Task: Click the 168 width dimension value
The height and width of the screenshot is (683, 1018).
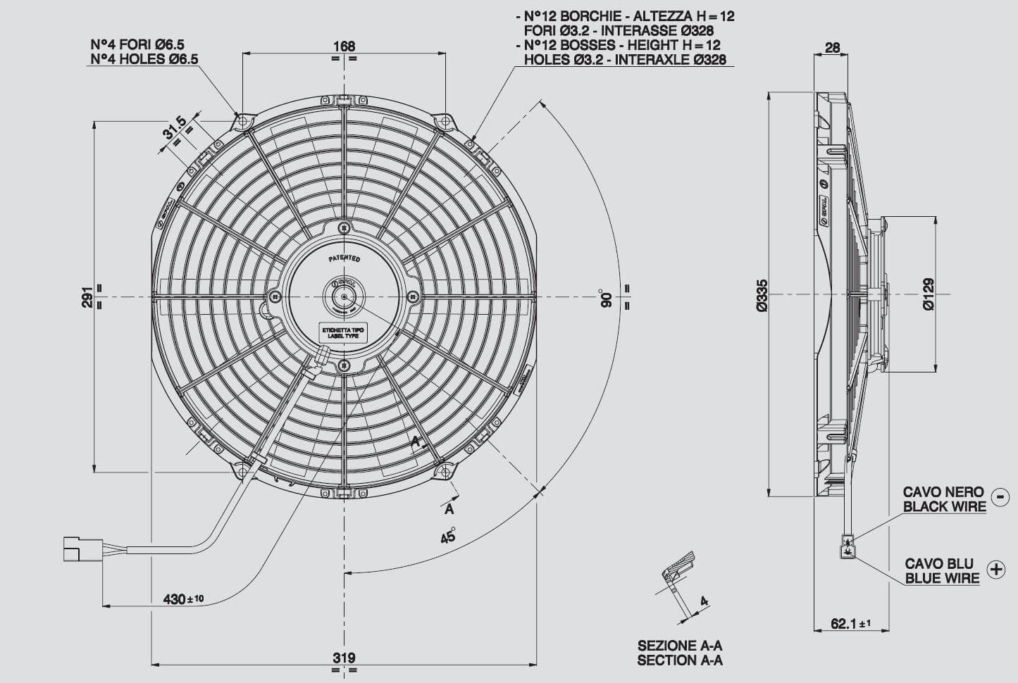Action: click(x=344, y=46)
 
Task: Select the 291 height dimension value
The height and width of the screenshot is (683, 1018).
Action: click(x=87, y=296)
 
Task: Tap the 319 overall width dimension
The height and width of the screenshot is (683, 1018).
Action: click(x=344, y=658)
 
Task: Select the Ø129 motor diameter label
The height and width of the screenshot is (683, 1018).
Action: click(x=928, y=294)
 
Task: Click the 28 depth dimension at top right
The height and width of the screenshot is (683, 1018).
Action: click(x=832, y=47)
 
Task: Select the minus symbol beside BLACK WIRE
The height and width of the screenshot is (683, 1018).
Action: click(x=999, y=496)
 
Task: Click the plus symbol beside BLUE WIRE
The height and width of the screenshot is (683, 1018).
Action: click(x=995, y=570)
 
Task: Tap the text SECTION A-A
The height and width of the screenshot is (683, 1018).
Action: click(x=680, y=660)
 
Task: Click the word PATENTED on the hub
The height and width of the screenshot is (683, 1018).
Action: click(x=344, y=259)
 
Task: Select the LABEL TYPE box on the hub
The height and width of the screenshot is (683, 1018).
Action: click(x=341, y=333)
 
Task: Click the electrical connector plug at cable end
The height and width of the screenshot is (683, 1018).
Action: click(x=73, y=549)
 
